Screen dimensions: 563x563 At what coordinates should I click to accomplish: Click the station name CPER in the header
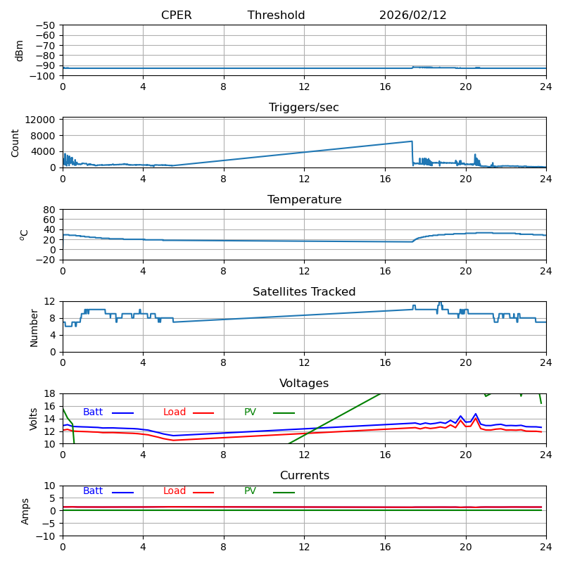176,15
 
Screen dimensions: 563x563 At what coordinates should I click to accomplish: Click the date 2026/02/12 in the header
412,15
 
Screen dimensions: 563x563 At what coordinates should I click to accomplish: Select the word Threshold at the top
276,15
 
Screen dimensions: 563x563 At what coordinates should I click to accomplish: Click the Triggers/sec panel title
304,108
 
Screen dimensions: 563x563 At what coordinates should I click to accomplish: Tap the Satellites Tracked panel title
304,292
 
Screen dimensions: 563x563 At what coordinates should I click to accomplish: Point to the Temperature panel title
304,200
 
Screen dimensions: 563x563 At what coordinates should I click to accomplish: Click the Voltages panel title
304,384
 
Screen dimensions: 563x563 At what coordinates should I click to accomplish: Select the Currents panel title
304,476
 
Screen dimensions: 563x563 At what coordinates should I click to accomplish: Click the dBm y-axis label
20,51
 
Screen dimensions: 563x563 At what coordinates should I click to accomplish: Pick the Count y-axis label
15,143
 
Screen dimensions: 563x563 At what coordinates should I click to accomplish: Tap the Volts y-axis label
34,419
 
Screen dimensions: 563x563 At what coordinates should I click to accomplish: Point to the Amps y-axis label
25,511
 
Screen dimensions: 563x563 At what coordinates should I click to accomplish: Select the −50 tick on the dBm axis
44,25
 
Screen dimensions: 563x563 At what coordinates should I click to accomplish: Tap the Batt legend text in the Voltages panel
93,412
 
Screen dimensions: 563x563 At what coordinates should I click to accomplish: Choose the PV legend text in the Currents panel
250,491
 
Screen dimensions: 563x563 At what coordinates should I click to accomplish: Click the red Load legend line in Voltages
203,413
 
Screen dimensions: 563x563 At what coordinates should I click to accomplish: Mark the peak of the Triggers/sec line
412,141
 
